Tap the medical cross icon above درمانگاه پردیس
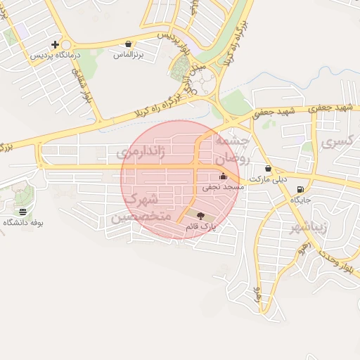56,44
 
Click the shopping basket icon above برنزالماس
127,44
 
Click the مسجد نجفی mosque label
223,187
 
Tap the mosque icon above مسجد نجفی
223,176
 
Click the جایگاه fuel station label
302,200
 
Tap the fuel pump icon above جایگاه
301,189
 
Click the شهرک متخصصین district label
141,210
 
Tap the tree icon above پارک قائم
202,216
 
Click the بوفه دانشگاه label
23,222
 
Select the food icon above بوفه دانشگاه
23,212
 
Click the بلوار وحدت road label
337,266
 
